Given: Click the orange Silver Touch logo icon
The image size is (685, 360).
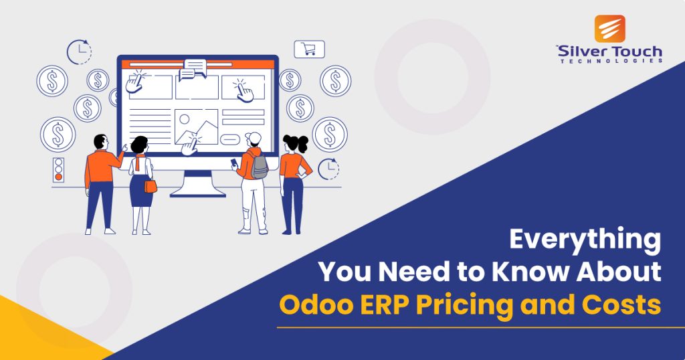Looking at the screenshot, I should [x=609, y=28].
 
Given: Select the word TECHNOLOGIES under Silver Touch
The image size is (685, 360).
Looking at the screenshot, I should [x=609, y=60].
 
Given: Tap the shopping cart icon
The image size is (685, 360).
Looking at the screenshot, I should [x=309, y=49].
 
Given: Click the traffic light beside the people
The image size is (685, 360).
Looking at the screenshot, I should [x=58, y=170].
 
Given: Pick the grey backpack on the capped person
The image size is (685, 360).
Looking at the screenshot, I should [x=260, y=166].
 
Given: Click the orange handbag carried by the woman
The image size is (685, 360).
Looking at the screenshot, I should [x=151, y=186].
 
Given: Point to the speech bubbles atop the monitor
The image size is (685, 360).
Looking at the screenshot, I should [x=195, y=68].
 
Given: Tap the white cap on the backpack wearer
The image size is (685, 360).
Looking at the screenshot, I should [x=252, y=139].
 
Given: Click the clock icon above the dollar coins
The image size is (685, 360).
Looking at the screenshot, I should [x=78, y=52].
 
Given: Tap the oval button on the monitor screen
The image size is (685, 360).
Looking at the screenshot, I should [x=230, y=139].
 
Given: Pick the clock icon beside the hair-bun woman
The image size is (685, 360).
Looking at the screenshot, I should [x=328, y=169].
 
